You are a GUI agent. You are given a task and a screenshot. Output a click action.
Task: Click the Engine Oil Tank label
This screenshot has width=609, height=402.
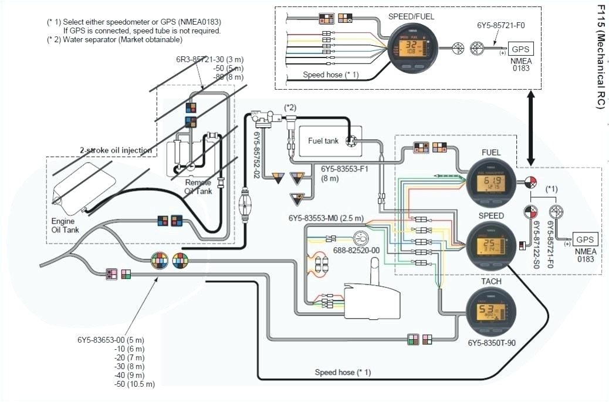[65, 226]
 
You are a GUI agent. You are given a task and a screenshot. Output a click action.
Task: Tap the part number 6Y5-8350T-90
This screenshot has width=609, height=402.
[492, 343]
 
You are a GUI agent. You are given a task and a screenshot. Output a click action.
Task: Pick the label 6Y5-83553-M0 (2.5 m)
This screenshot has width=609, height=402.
[326, 218]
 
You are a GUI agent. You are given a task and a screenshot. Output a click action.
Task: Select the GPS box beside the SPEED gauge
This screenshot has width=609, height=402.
[585, 239]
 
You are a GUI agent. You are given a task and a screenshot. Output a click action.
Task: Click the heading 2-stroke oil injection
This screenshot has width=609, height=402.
[116, 151]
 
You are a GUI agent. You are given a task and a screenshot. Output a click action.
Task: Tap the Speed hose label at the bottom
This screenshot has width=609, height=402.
[343, 372]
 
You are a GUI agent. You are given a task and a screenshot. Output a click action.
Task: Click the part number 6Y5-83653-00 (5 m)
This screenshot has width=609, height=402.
[110, 340]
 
